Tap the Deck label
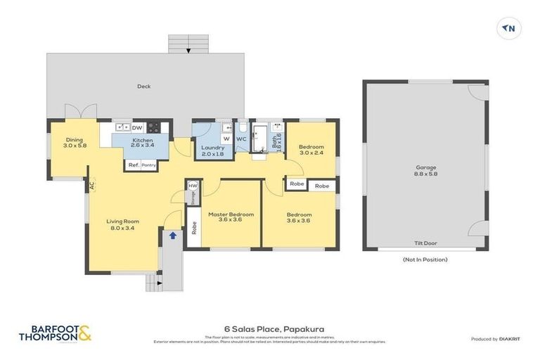(144, 86)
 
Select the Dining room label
(74, 142)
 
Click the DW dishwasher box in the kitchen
(137, 127)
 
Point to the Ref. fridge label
(133, 165)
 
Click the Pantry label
(148, 165)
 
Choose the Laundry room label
(212, 150)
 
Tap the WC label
(240, 139)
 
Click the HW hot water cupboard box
(192, 186)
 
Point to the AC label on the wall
(91, 186)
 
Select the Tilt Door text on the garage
(425, 243)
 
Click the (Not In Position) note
(425, 259)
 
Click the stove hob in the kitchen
(153, 127)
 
